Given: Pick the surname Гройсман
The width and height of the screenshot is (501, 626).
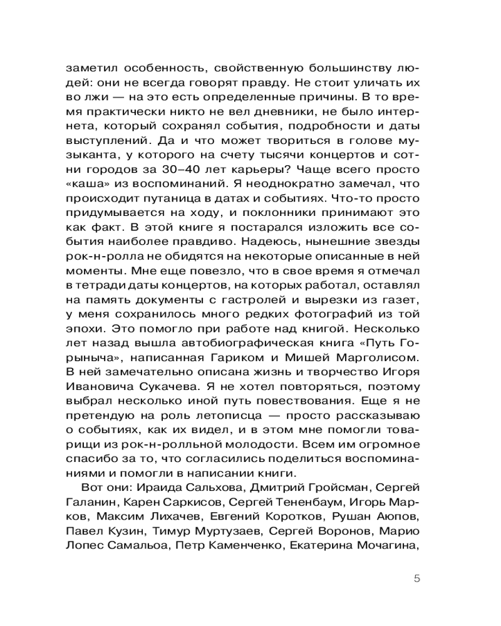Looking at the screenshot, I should pyautogui.click(x=339, y=488).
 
